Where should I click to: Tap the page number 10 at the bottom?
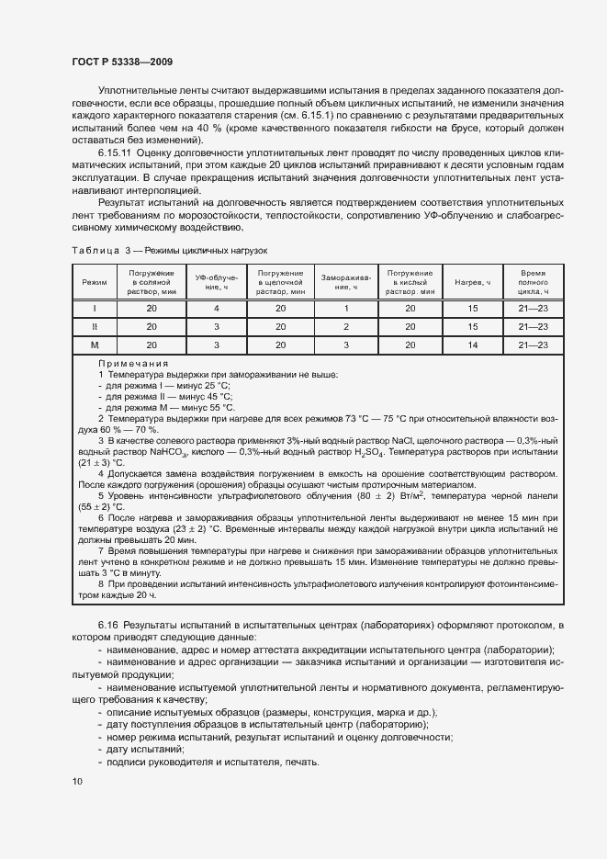click(76, 781)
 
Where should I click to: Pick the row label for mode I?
click(95, 308)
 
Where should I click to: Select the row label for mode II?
click(95, 326)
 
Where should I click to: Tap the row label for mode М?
click(95, 345)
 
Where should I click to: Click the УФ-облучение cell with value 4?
click(216, 308)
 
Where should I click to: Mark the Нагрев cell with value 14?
click(473, 345)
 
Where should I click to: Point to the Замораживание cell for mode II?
click(346, 326)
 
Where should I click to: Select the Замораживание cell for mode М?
click(346, 345)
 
